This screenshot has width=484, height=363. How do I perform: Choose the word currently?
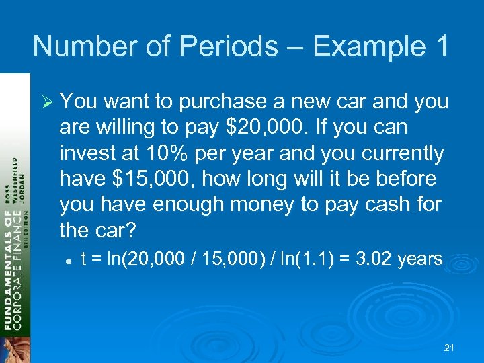click(403, 154)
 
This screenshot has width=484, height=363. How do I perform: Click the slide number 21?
click(450, 348)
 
